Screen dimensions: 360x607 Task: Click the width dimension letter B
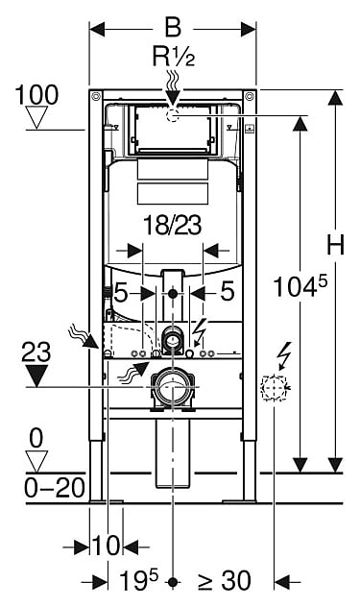pyautogui.click(x=173, y=28)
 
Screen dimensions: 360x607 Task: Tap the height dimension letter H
pyautogui.click(x=335, y=245)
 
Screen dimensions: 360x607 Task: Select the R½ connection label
pyautogui.click(x=174, y=57)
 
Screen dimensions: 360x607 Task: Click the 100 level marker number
pyautogui.click(x=36, y=95)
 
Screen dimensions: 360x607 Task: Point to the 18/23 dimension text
pyautogui.click(x=173, y=225)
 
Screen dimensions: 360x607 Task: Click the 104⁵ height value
pyautogui.click(x=300, y=286)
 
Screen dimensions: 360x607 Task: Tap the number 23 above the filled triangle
pyautogui.click(x=36, y=352)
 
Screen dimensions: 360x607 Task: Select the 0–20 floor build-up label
pyautogui.click(x=55, y=488)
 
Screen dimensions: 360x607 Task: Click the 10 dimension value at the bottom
pyautogui.click(x=106, y=546)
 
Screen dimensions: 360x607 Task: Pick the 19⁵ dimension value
pyautogui.click(x=138, y=580)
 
